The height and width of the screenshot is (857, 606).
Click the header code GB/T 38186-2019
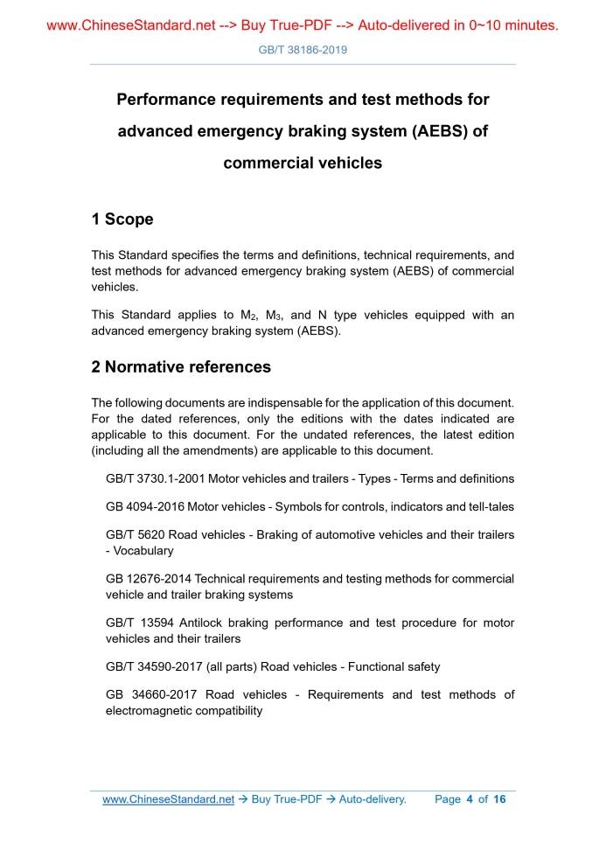tap(303, 50)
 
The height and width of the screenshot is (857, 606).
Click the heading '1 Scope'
tap(122, 219)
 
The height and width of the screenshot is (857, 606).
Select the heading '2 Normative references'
tap(181, 367)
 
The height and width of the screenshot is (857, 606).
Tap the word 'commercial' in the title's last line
tap(264, 163)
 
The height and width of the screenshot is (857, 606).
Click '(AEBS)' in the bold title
tap(428, 131)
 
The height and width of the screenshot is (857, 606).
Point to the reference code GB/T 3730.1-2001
tap(155, 478)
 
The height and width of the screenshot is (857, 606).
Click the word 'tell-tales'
tap(486, 506)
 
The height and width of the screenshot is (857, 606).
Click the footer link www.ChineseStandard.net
tap(168, 799)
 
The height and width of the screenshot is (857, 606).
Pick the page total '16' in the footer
tap(499, 799)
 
